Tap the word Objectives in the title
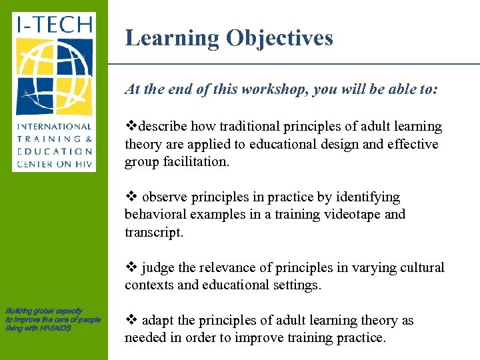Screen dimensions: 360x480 279,38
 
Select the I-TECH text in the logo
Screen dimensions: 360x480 54,26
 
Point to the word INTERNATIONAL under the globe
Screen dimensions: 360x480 54,127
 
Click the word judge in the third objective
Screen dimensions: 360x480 157,268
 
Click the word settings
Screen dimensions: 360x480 296,285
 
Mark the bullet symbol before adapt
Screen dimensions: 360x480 130,321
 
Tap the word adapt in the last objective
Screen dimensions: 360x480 157,321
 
